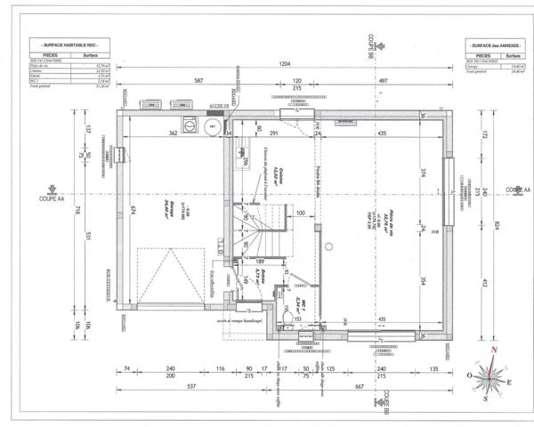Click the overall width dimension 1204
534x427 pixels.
click(285, 65)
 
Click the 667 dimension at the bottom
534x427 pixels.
click(359, 387)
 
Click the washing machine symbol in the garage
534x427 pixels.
click(188, 125)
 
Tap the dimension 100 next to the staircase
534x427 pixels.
click(300, 213)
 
